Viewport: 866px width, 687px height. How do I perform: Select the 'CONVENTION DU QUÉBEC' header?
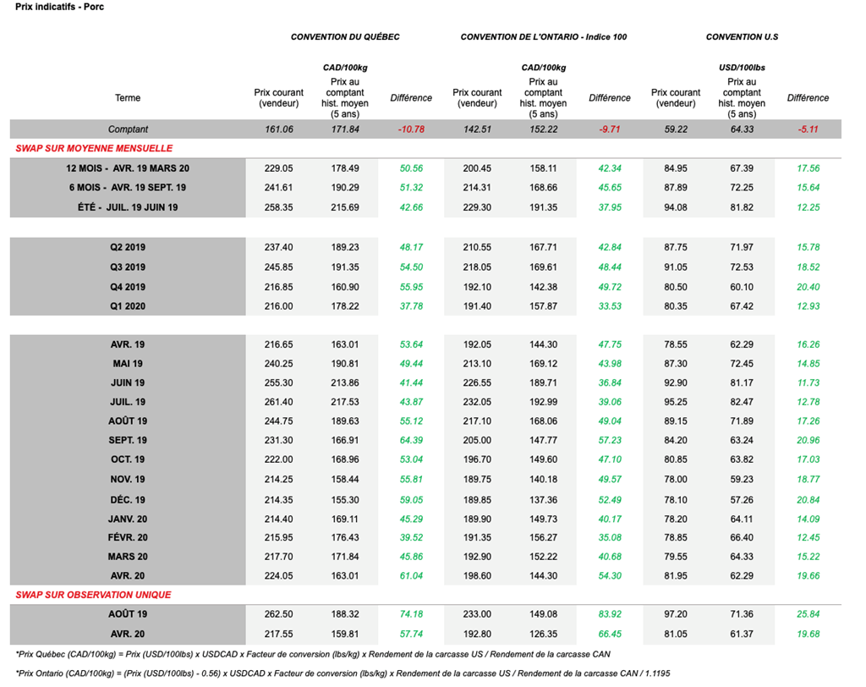click(345, 37)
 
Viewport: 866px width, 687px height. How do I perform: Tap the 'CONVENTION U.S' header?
click(742, 37)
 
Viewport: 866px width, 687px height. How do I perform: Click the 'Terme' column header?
click(128, 98)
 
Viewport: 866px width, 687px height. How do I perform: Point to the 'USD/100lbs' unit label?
click(742, 67)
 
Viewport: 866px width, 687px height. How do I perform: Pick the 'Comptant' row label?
click(128, 129)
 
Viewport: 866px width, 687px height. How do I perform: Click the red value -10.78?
click(411, 129)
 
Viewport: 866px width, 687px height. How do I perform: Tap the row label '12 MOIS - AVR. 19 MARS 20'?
click(128, 168)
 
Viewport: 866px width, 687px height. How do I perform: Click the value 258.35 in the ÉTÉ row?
click(278, 207)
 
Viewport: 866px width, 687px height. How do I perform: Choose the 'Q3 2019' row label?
click(128, 267)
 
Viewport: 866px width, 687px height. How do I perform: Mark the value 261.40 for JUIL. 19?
click(278, 402)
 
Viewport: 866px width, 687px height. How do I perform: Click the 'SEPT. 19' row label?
click(128, 441)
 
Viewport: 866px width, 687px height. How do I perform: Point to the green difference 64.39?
click(411, 441)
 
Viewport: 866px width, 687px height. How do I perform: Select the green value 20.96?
click(808, 441)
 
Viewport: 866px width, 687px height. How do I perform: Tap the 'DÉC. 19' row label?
click(128, 499)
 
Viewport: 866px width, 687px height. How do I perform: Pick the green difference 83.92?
click(609, 614)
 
